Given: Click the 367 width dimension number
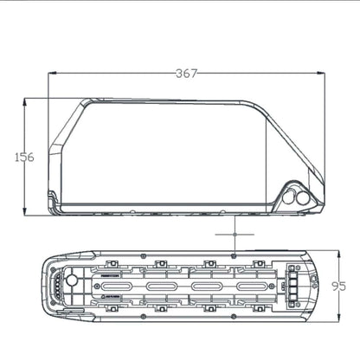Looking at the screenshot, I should coord(183,74).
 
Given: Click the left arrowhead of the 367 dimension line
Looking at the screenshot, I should coord(50,74).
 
